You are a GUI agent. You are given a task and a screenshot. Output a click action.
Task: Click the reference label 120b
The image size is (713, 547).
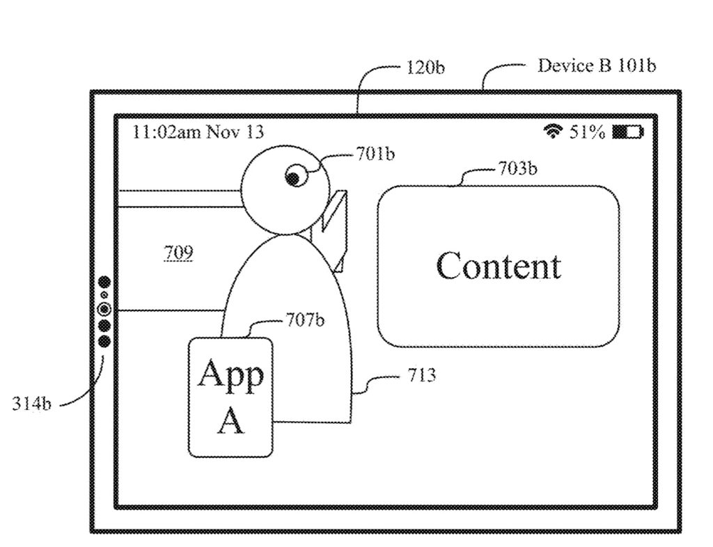click(425, 68)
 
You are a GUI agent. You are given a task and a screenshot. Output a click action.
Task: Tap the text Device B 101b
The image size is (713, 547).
click(596, 65)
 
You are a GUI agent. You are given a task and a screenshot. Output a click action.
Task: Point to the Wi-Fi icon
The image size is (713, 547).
click(554, 131)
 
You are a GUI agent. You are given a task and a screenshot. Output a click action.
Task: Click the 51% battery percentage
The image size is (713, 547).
click(587, 132)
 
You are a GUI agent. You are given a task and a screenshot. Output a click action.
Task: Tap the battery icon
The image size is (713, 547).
click(627, 132)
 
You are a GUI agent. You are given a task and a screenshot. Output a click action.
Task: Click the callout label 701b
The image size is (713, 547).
click(375, 154)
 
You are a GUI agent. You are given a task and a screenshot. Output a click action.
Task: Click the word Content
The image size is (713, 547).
click(498, 266)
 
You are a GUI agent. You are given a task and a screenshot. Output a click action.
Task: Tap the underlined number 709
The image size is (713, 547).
click(178, 253)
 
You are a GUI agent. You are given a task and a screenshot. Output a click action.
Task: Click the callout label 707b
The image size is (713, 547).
click(305, 320)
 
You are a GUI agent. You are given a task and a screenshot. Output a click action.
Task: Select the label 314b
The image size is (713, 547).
click(31, 404)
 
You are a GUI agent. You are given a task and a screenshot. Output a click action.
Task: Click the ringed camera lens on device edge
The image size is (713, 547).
click(104, 309)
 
